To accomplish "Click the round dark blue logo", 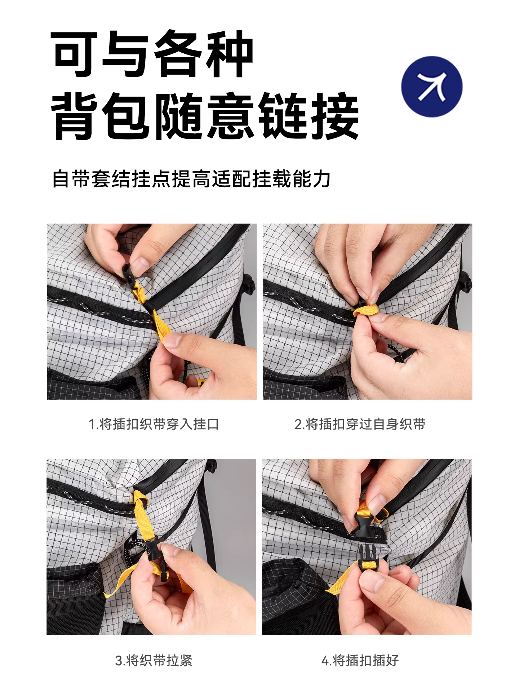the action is tap(432, 86).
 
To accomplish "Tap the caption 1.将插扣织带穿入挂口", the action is tap(154, 424).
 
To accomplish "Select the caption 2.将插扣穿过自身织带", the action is tap(360, 424).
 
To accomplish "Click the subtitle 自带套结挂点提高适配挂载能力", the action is tap(191, 179).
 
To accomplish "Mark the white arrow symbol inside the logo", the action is tap(432, 86).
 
